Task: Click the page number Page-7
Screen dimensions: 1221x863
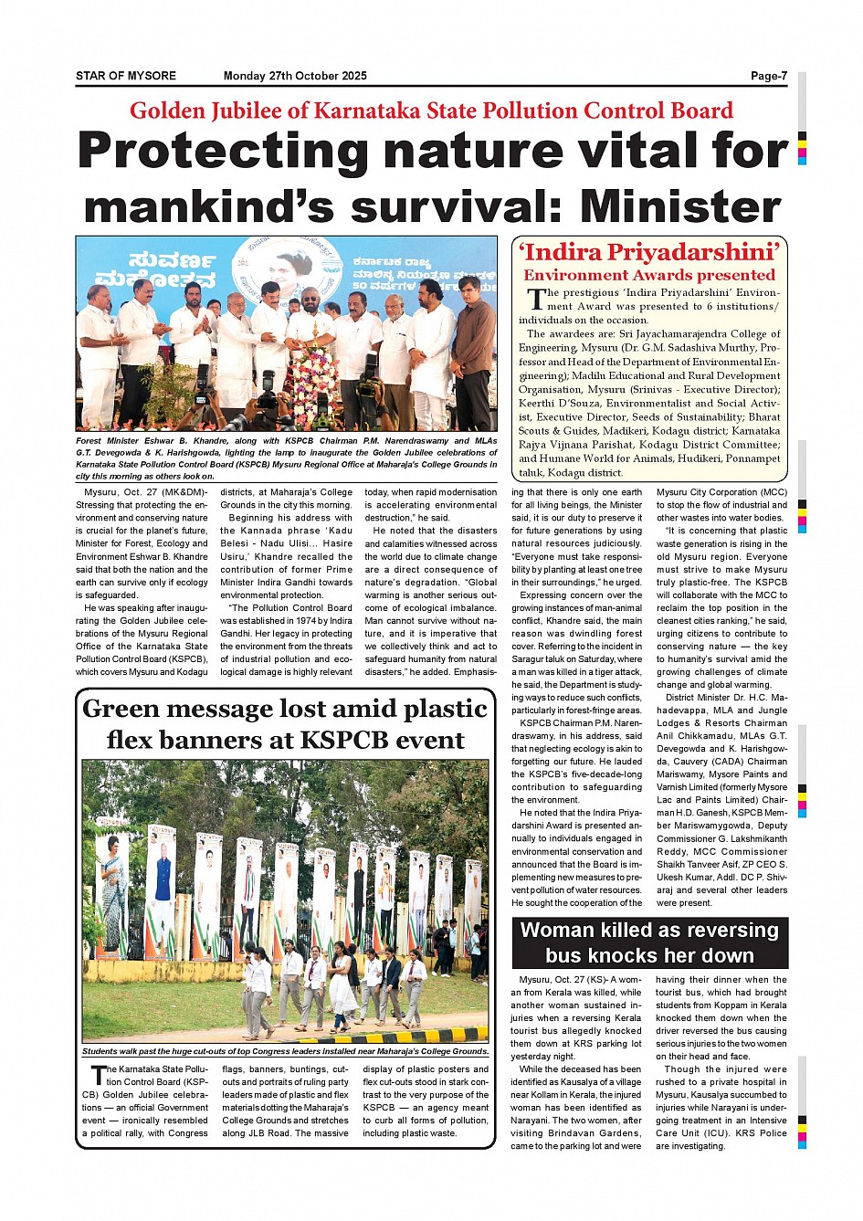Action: [x=768, y=76]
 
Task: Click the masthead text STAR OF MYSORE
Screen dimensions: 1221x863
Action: [x=126, y=76]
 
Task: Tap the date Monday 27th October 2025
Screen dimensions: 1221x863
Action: [x=295, y=76]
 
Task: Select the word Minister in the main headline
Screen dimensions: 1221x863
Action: [x=681, y=206]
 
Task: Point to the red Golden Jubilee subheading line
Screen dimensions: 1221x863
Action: [x=431, y=111]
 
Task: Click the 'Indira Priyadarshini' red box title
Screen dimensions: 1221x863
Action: [x=649, y=251]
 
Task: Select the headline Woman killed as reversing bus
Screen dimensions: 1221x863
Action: [x=649, y=942]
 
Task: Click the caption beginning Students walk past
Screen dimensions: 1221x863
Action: [x=285, y=1051]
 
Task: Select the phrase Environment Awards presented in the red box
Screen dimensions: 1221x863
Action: [x=649, y=275]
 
